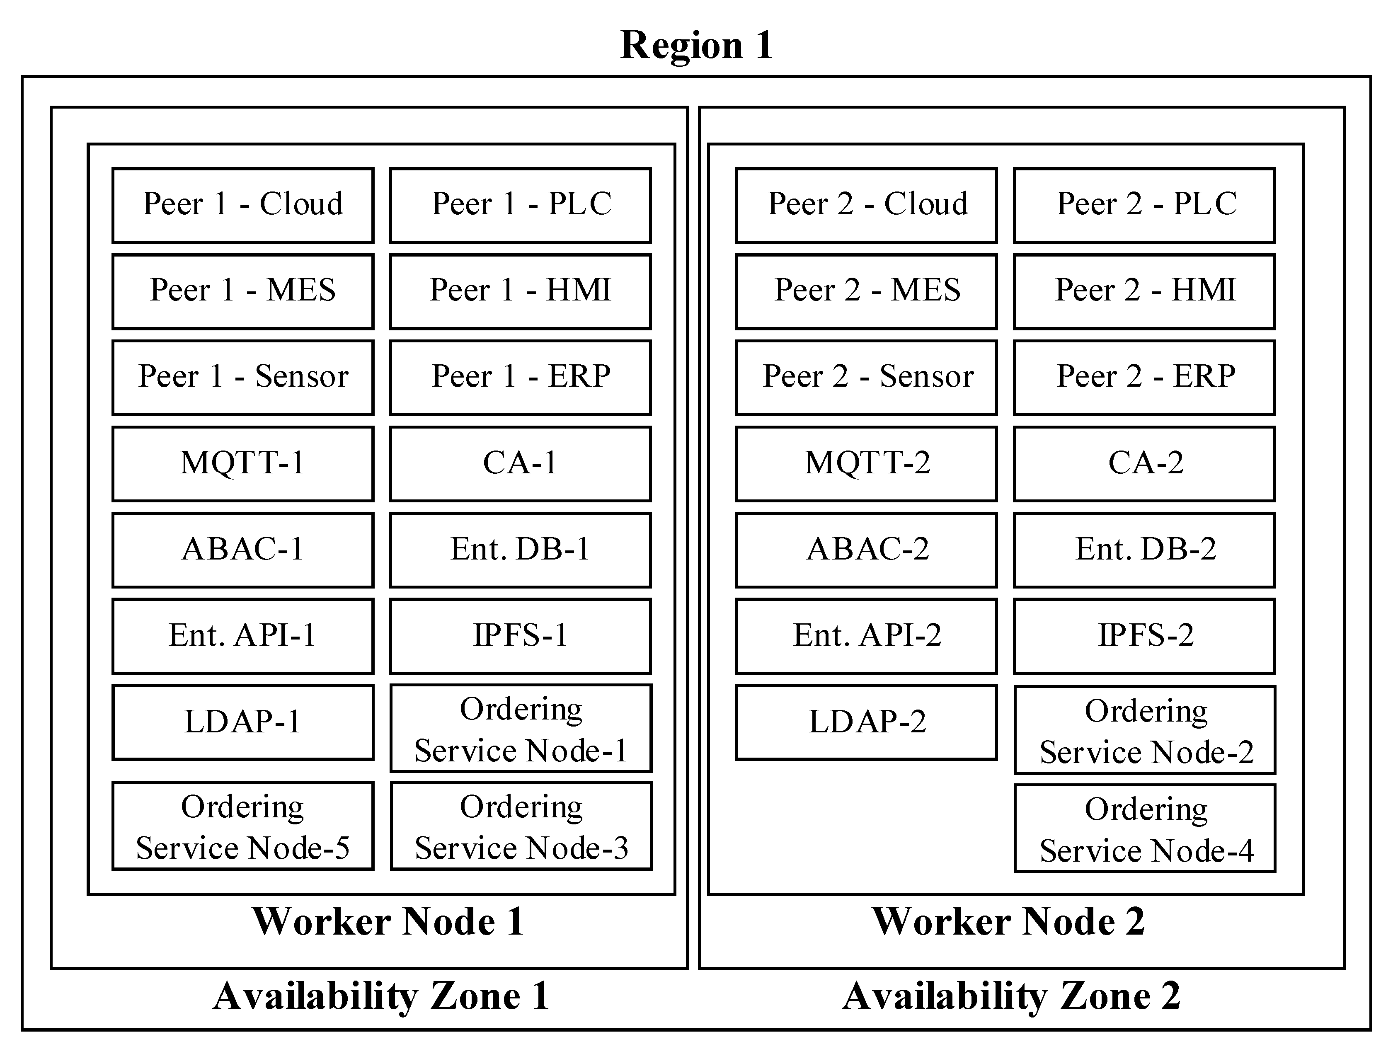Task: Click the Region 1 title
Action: tap(696, 45)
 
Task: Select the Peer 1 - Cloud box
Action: tap(243, 205)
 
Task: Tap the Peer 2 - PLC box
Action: tap(1144, 205)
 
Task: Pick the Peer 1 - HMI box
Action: tap(520, 291)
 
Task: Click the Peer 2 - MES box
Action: tap(867, 291)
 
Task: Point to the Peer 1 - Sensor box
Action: tap(243, 377)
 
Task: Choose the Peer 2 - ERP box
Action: tap(1144, 377)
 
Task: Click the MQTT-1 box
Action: tap(243, 463)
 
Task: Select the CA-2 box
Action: tap(1144, 463)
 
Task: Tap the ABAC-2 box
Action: tap(867, 550)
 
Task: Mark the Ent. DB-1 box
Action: tap(520, 550)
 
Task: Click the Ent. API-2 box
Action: tap(867, 636)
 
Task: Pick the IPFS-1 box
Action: tap(520, 636)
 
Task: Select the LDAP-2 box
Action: tap(867, 722)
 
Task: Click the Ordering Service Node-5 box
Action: tap(243, 826)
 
